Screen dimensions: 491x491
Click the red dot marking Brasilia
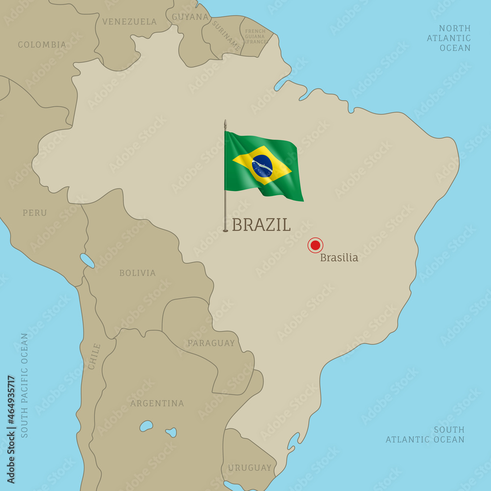pyautogui.click(x=315, y=245)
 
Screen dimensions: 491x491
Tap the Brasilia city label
pyautogui.click(x=339, y=258)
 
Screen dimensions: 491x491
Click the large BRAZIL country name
pyautogui.click(x=261, y=225)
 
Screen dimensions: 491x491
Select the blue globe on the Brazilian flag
pyautogui.click(x=262, y=166)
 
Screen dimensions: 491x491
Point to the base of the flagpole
pyautogui.click(x=225, y=229)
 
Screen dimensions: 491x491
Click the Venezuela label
pyautogui.click(x=130, y=22)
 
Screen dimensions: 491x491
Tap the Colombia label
pyautogui.click(x=42, y=45)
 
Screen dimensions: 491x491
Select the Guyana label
pyautogui.click(x=191, y=17)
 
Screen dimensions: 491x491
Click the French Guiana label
pyautogui.click(x=255, y=36)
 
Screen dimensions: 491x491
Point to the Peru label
pyautogui.click(x=35, y=213)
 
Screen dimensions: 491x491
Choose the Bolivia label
pyautogui.click(x=137, y=273)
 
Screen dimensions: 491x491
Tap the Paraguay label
pyautogui.click(x=211, y=343)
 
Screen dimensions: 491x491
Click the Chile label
pyautogui.click(x=94, y=356)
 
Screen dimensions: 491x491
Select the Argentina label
pyautogui.click(x=157, y=404)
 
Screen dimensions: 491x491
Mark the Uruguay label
pyautogui.click(x=249, y=468)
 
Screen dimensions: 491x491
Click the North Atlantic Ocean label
pyautogui.click(x=449, y=38)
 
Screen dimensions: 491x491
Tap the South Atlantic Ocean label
pyautogui.click(x=425, y=435)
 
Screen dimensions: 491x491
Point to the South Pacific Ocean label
pyautogui.click(x=25, y=385)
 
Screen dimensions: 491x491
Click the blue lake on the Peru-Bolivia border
pyautogui.click(x=87, y=260)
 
